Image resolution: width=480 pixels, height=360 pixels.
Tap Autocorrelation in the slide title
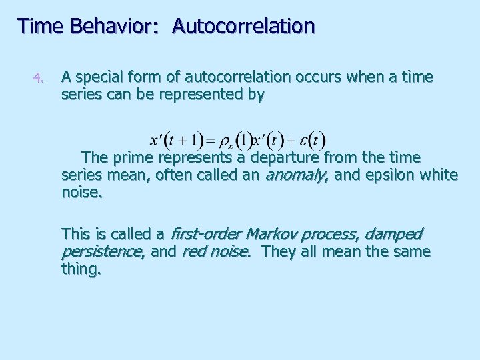pos(243,26)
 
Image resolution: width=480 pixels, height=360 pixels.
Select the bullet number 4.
pos(39,79)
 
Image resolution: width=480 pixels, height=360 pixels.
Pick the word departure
pos(290,158)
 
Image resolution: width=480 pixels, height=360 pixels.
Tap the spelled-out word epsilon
pos(386,175)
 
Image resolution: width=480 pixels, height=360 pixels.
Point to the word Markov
pos(273,235)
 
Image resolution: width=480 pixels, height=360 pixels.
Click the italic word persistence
pos(101,252)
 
